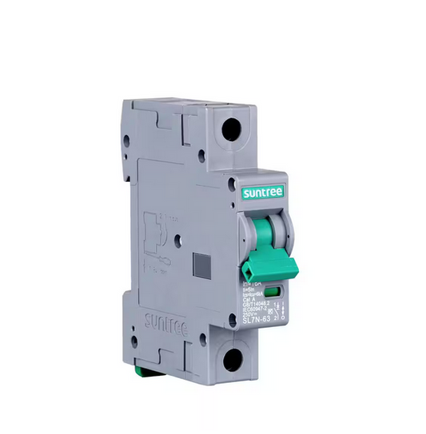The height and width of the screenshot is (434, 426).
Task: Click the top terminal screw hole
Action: [x=232, y=128]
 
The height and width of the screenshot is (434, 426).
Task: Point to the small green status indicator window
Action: [x=272, y=293]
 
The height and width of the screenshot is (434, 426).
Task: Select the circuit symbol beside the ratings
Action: [x=280, y=310]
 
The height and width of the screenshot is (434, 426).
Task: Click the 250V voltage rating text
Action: [x=253, y=315]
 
